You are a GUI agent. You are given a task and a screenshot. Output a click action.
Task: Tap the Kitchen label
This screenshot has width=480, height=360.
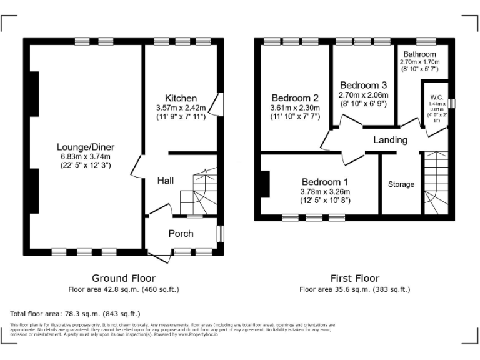point(181,98)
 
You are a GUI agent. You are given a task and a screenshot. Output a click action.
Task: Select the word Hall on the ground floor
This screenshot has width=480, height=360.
point(166,181)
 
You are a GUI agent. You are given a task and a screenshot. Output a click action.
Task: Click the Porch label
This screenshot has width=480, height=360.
point(181,234)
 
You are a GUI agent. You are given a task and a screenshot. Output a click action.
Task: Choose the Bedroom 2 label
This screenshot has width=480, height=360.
point(295,98)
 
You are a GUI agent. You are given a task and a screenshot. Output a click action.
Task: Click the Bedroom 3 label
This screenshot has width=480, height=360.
point(363,85)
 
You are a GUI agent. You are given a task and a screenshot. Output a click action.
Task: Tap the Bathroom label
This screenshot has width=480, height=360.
point(419,54)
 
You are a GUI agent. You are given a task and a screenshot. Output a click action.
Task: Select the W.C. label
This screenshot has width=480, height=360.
point(436,97)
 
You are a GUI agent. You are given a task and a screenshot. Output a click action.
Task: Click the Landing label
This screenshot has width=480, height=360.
point(391,140)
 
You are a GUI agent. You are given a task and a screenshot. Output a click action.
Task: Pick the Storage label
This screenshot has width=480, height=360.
point(401,184)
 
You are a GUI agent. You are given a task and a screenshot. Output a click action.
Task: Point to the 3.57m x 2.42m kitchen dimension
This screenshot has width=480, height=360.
point(181,107)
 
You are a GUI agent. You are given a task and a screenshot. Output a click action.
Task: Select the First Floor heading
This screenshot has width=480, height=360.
point(354,278)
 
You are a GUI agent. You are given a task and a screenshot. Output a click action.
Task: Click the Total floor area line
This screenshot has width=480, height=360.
point(76,313)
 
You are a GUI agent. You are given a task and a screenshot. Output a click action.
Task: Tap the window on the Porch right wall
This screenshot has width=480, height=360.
point(220,233)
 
